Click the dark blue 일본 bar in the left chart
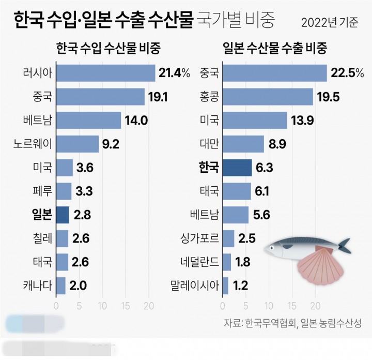62,215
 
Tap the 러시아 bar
105,73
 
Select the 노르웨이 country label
33,144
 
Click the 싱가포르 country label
199,238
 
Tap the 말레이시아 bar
226,286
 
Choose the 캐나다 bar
60,286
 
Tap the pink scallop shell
320,267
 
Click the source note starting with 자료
292,323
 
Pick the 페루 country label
41,191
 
